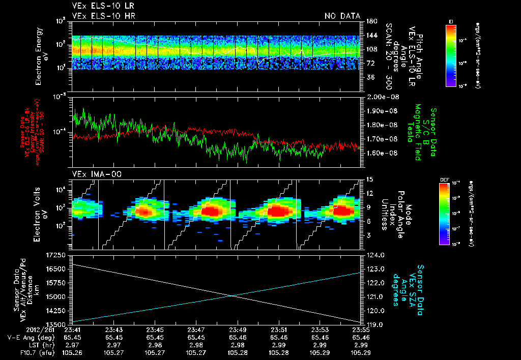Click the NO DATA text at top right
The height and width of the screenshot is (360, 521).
click(342, 16)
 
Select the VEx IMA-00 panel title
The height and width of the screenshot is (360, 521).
click(93, 174)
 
